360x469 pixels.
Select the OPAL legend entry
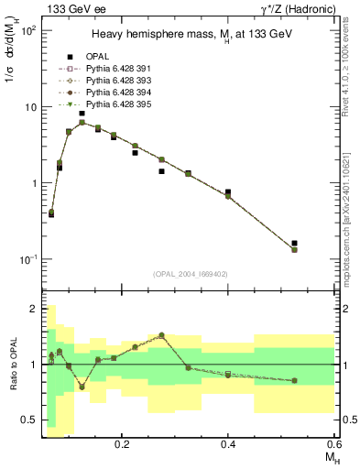point(98,55)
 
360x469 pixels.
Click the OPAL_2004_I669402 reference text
point(191,273)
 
